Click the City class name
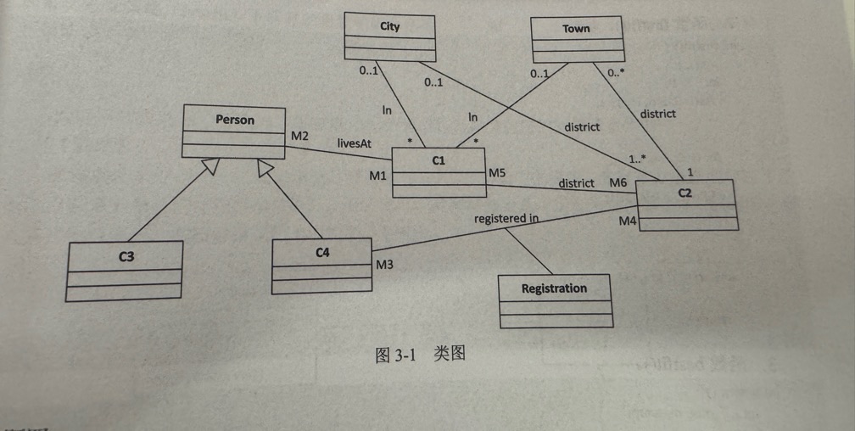click(390, 26)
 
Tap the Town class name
click(576, 29)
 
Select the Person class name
click(235, 120)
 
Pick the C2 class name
click(685, 193)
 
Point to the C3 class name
click(126, 255)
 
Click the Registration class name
click(554, 288)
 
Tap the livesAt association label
click(354, 144)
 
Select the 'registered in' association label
click(506, 218)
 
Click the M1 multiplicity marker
click(377, 176)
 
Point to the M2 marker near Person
click(300, 136)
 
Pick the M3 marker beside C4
click(385, 265)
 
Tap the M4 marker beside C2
click(627, 221)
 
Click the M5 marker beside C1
click(497, 174)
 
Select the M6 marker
click(618, 182)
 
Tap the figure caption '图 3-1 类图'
click(421, 355)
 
